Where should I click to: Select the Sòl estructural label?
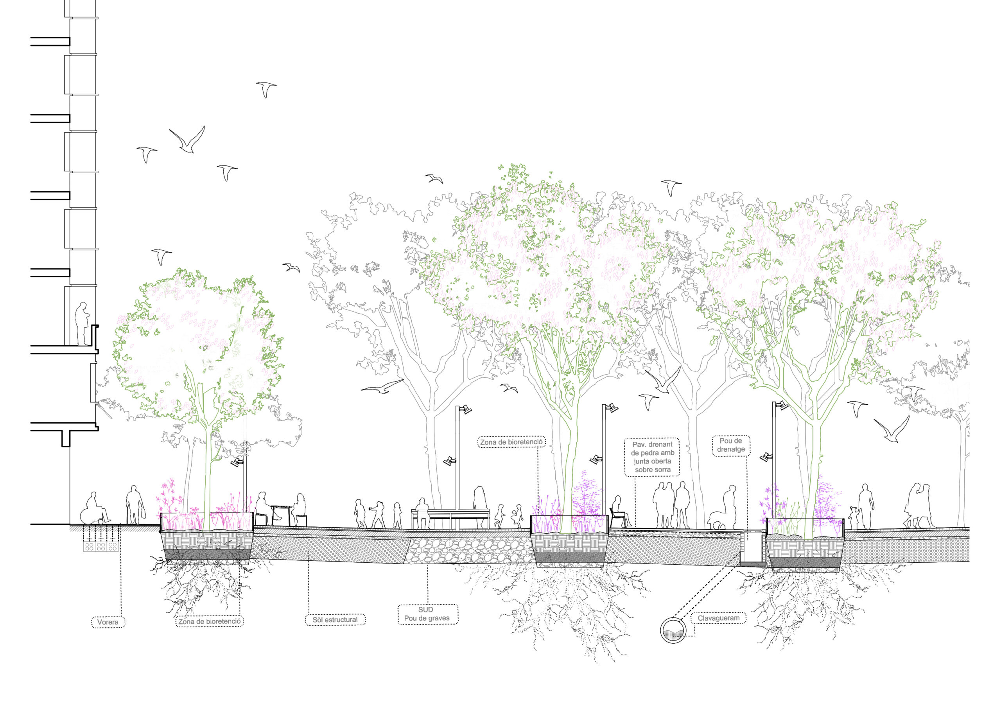335,620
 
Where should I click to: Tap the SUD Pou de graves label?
426,614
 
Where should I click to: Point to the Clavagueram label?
718,618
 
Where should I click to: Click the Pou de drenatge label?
730,445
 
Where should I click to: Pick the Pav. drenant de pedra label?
652,457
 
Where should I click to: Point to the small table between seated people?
279,514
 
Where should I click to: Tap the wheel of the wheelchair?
88,517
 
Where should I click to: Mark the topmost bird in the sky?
266,89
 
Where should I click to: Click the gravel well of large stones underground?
468,550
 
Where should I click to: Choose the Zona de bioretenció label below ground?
210,622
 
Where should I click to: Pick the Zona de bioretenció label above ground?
511,442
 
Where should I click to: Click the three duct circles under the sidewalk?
100,547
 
